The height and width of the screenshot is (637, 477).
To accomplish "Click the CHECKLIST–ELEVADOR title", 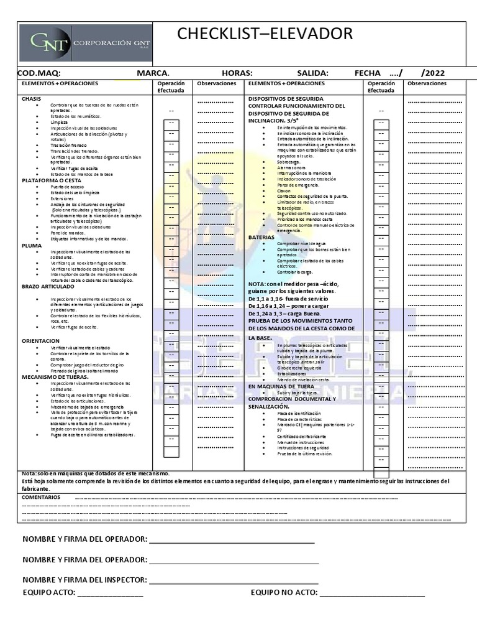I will click(x=265, y=34).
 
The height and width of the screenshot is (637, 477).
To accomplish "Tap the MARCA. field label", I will click(x=153, y=73).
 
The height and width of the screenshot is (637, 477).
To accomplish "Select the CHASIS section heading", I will click(x=32, y=99).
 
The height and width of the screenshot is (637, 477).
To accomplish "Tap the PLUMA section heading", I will click(x=32, y=246).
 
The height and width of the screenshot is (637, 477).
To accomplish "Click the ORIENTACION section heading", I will click(x=41, y=341).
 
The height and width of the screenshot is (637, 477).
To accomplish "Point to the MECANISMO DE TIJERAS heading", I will click(x=55, y=377).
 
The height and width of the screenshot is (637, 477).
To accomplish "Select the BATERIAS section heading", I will click(x=261, y=238).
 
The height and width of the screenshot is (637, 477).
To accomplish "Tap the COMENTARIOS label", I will click(x=41, y=498).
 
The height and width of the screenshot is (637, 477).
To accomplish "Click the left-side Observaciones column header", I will click(x=216, y=83).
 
